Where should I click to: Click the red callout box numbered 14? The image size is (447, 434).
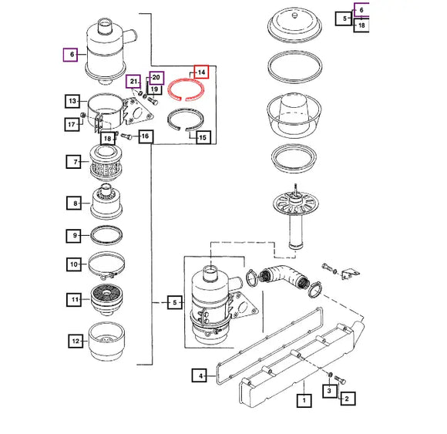[201, 72]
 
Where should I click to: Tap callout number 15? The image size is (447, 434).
[203, 137]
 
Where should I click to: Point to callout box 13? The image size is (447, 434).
[72, 101]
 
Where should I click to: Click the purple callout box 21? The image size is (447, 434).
[133, 82]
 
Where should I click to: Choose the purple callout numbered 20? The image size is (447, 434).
[156, 78]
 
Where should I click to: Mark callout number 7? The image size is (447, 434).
[73, 162]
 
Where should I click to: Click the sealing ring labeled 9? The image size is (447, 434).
[106, 235]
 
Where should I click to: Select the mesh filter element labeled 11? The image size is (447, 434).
[106, 299]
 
